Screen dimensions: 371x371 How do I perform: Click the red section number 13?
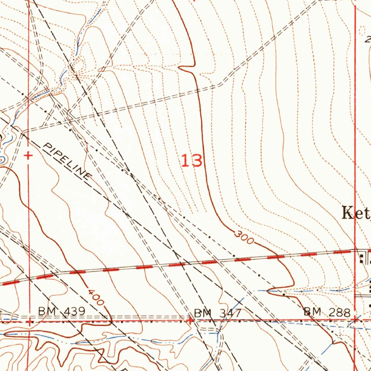coord(192,161)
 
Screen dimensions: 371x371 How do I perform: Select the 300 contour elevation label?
coord(243,238)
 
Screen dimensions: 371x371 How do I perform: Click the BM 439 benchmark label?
coord(62,311)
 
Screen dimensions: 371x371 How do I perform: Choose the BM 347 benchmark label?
coord(217,313)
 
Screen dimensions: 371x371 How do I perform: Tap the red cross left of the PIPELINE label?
coord(28,156)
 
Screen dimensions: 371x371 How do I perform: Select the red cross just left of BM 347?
coord(189,320)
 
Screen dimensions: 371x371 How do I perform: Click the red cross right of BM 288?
coord(355,320)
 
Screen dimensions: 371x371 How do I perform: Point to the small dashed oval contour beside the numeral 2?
coord(362,31)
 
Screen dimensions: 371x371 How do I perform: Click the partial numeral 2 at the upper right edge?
coord(368,39)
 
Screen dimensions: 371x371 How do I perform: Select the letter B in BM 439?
coord(41,311)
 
